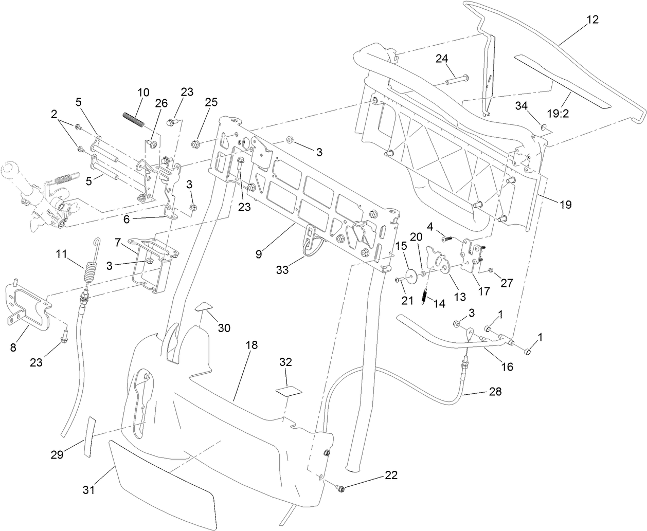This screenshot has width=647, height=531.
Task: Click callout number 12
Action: pos(592,20)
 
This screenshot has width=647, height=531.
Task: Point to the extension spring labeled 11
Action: pos(91,267)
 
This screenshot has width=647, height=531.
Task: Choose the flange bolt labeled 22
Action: pos(341,487)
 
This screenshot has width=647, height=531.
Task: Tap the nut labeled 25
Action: pos(196,143)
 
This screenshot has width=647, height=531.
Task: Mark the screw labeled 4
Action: pos(447,238)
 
